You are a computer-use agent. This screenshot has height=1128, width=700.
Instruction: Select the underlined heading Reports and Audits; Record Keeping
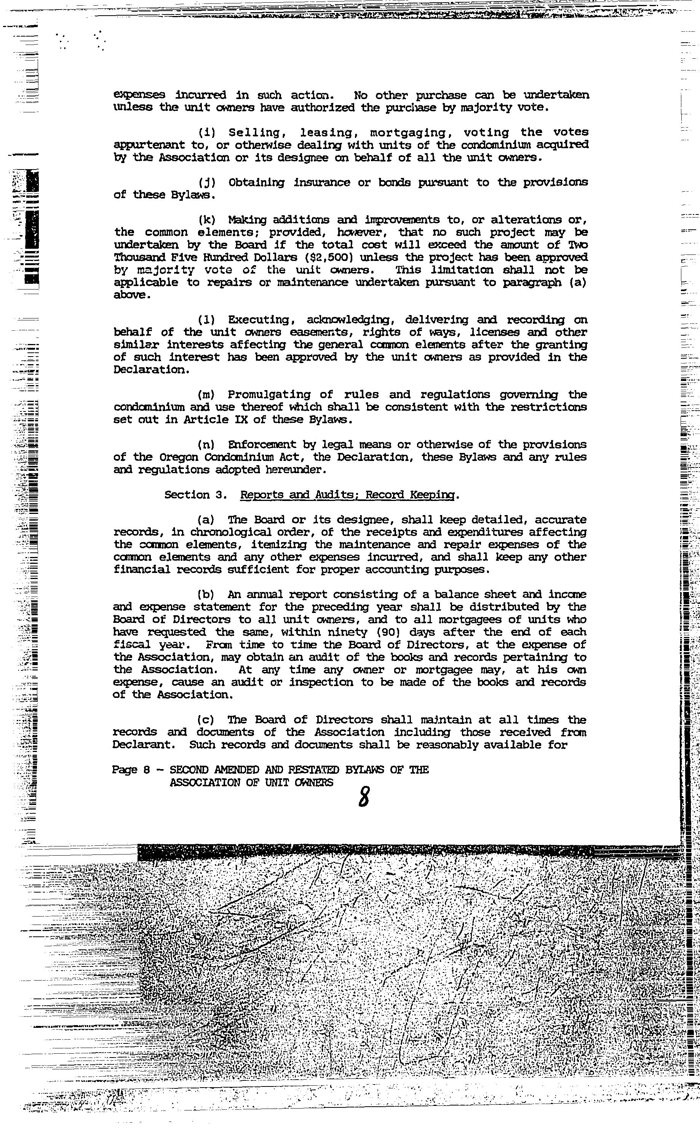(348, 495)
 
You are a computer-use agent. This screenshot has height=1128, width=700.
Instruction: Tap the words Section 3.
(195, 495)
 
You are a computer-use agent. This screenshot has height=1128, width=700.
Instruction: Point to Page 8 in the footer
(131, 770)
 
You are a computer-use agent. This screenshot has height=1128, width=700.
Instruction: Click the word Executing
(258, 320)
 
